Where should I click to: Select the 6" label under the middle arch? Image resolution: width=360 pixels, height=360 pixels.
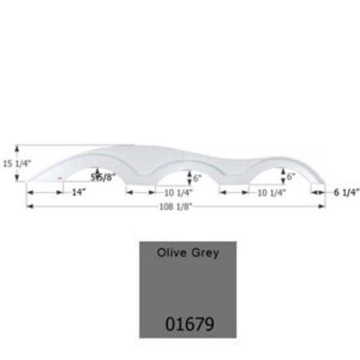198,177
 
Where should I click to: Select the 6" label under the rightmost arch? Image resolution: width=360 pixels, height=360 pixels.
291,177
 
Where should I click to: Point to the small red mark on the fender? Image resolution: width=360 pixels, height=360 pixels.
61,177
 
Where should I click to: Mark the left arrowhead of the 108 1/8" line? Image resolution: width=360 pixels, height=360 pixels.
28,207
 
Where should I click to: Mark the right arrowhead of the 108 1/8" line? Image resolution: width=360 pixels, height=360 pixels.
323,207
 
